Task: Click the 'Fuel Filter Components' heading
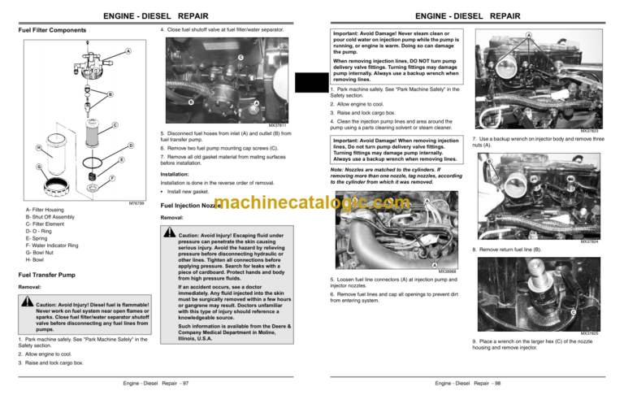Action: tap(52, 31)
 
